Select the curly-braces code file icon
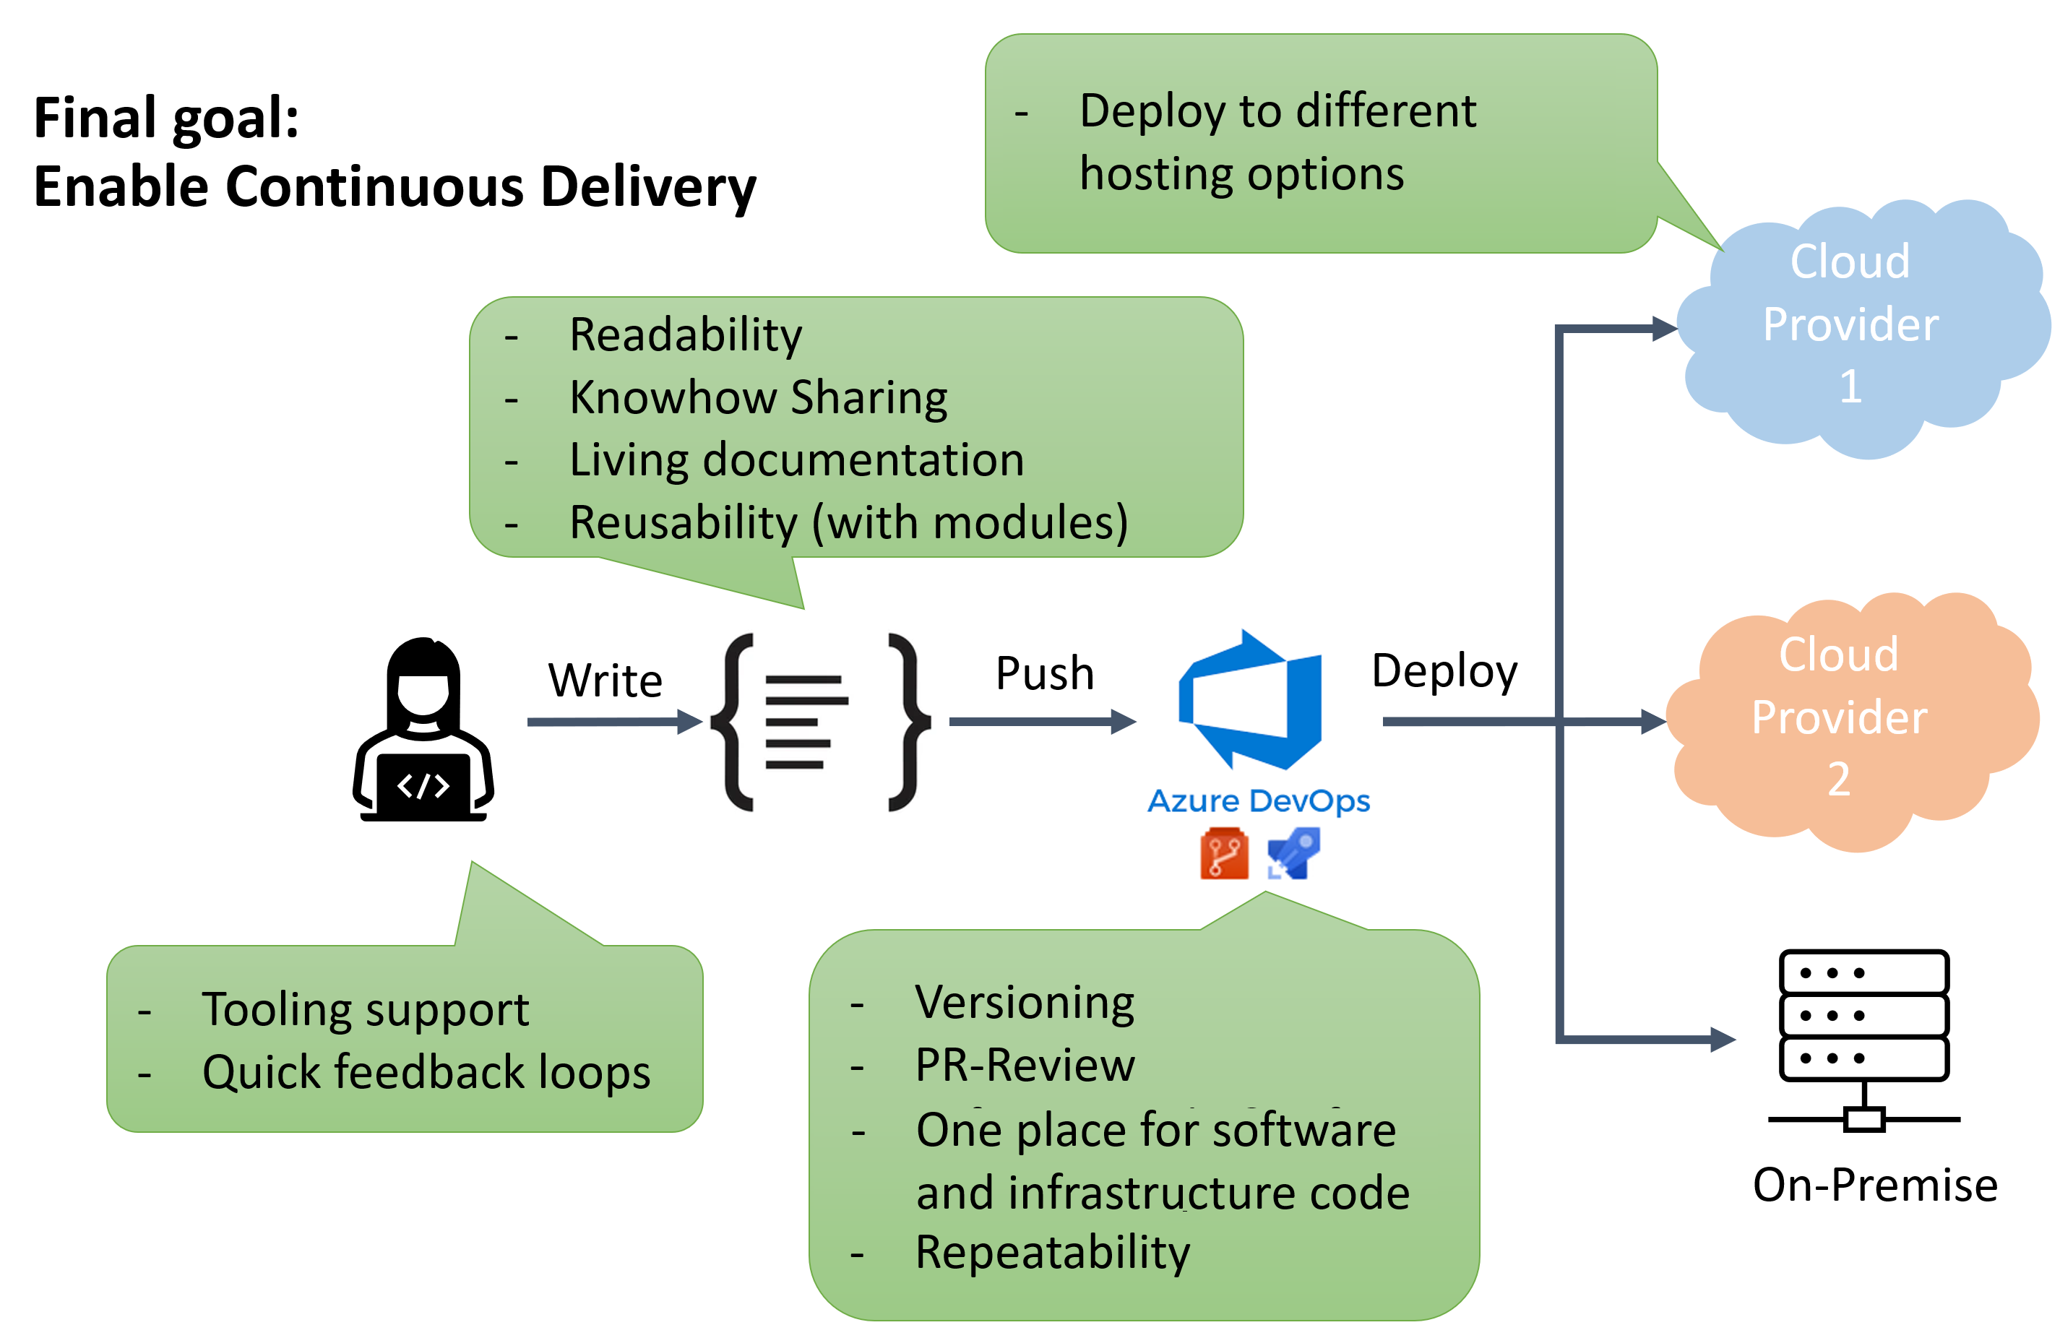(819, 722)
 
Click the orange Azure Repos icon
(1224, 853)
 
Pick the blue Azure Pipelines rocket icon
(1293, 853)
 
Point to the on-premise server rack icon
(1863, 1039)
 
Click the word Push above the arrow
(1045, 673)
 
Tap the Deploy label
(1444, 672)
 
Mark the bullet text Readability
(686, 335)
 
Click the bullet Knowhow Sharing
(758, 397)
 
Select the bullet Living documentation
(796, 459)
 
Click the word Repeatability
(1053, 1252)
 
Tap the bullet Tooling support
(366, 1009)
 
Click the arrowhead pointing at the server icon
(1722, 1039)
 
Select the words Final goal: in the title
(166, 118)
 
